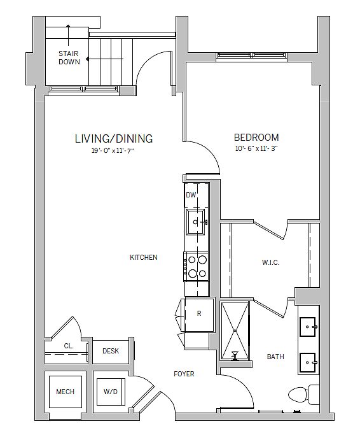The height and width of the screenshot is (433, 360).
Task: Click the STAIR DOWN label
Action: pos(69,57)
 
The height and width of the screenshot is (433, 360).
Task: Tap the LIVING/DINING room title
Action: pos(114,139)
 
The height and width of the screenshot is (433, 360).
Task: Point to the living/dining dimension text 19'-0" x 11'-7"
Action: pos(113,151)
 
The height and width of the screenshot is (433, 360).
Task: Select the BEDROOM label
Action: pos(256,138)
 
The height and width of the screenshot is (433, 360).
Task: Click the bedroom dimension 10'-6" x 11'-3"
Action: pos(256,148)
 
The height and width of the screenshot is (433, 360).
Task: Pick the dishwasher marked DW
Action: pos(196,195)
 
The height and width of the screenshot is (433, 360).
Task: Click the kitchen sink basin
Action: pos(196,222)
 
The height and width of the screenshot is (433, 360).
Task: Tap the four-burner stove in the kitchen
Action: pos(196,267)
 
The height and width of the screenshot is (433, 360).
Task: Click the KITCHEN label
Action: pos(144,257)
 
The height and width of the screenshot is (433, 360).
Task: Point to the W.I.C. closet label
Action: pos(270,262)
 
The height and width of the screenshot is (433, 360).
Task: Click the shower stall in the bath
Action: pos(235,331)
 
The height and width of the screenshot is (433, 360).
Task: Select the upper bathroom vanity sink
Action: pos(308,327)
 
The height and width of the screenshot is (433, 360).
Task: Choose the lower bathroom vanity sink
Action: pos(308,362)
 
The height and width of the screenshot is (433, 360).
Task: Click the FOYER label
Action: pos(184,374)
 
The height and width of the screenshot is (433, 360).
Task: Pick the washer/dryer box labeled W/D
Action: pos(111,392)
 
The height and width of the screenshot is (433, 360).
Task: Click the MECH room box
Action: pos(66,392)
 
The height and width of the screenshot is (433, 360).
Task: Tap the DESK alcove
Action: pos(111,351)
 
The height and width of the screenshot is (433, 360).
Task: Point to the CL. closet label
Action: pos(69,346)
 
